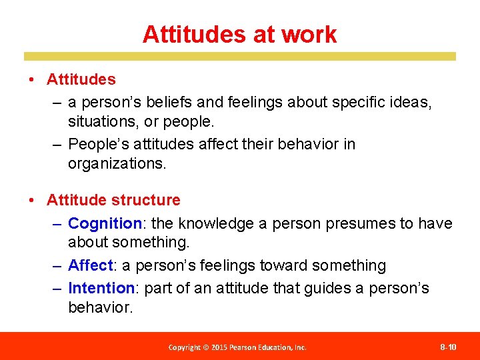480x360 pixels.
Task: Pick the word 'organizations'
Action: coord(117,164)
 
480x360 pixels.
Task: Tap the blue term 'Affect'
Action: coord(91,265)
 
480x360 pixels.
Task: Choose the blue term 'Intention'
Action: coord(101,288)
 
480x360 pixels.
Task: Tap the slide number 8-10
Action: coord(448,347)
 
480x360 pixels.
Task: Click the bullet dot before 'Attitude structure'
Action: coord(32,201)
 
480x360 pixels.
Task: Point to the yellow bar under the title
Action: coord(240,57)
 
